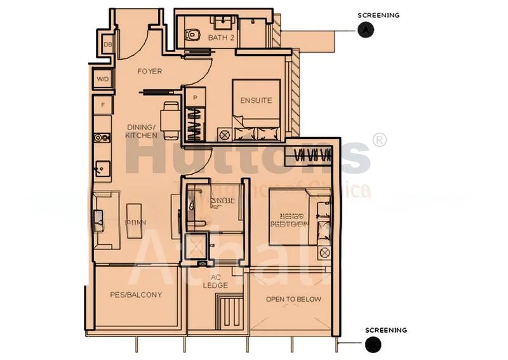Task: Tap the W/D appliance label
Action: [102, 79]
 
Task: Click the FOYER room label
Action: [150, 72]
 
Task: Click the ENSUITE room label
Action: [256, 100]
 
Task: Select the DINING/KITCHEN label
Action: [141, 131]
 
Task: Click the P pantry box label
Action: [194, 98]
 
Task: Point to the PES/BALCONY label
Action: [136, 295]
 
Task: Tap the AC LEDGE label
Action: [215, 281]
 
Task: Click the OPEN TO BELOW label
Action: [293, 299]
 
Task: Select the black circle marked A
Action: [364, 29]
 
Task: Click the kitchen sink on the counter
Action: [100, 169]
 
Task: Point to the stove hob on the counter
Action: [100, 137]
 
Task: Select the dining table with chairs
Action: [168, 119]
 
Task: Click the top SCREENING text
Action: [378, 15]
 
